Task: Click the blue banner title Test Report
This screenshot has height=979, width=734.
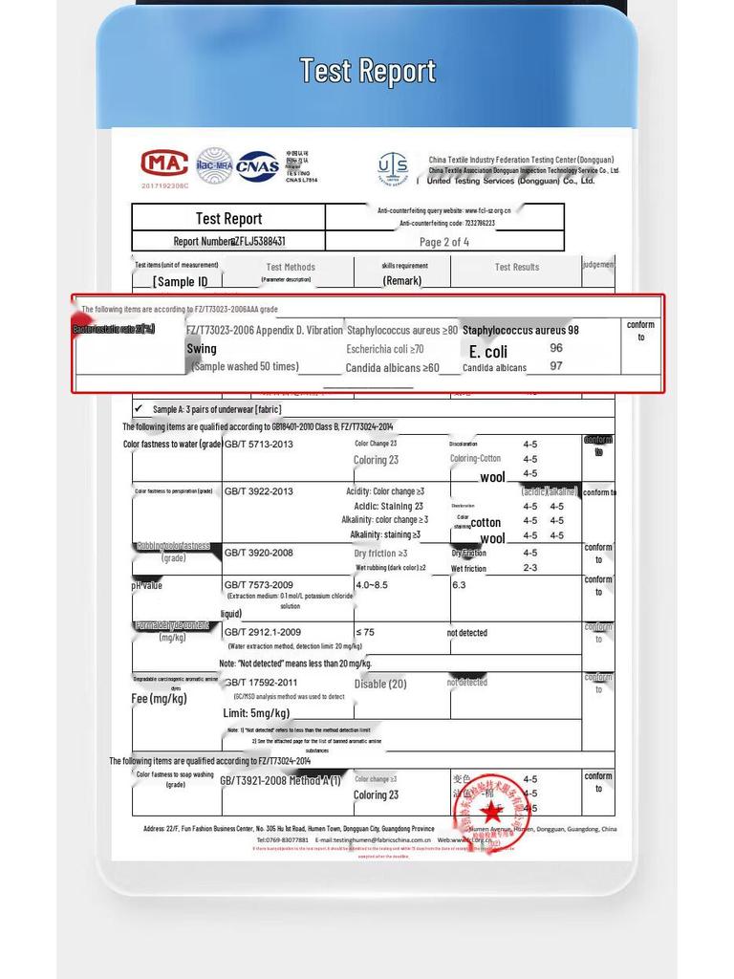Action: click(367, 71)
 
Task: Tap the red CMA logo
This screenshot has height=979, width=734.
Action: click(164, 163)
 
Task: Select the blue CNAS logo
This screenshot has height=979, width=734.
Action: click(258, 166)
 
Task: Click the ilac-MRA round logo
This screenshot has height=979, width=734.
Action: click(214, 165)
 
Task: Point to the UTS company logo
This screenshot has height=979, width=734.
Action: click(393, 167)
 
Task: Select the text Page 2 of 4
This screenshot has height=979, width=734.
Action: click(444, 242)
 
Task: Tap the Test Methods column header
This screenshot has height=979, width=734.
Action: click(290, 268)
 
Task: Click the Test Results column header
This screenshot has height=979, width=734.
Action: click(516, 268)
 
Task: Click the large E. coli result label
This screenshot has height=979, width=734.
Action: click(488, 352)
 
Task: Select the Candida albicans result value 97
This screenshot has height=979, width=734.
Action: click(556, 366)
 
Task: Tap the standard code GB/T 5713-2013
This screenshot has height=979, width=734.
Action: click(259, 445)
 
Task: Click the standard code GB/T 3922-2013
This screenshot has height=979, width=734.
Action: click(259, 491)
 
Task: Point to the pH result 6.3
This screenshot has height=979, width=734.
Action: click(459, 584)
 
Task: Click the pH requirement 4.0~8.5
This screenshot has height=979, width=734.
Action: click(372, 584)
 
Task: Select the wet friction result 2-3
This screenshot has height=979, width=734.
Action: click(530, 568)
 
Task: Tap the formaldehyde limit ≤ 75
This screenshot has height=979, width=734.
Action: click(365, 632)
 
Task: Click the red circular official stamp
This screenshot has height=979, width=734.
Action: click(490, 813)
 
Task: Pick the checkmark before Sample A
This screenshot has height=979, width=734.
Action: click(139, 408)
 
